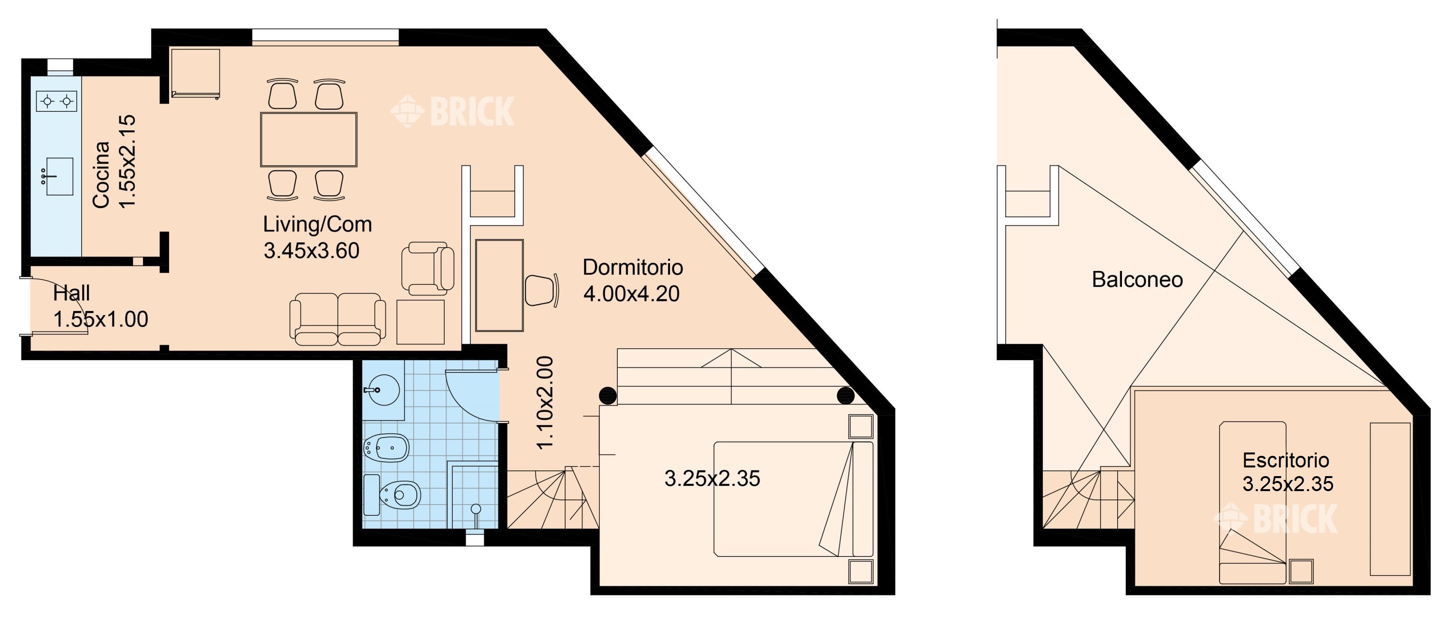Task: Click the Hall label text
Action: [71, 293]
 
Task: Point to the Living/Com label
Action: [317, 225]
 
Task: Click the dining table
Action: [309, 140]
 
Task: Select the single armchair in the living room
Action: [427, 269]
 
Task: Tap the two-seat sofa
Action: [338, 319]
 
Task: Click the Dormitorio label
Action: [633, 267]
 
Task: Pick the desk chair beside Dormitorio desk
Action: [542, 290]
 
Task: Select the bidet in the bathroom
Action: [386, 448]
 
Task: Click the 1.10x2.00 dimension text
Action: [545, 403]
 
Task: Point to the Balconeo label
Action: [1137, 280]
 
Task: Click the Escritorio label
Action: [1285, 460]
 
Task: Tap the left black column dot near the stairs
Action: [608, 395]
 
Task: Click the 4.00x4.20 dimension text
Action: [631, 294]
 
